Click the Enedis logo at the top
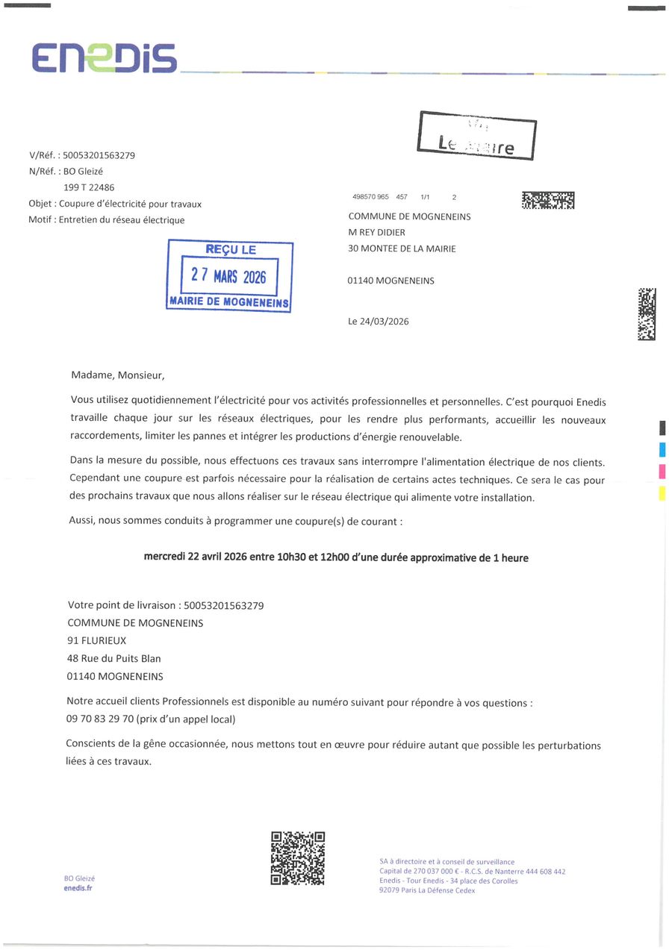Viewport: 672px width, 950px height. click(x=105, y=57)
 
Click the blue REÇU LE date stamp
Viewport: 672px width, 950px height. click(x=229, y=275)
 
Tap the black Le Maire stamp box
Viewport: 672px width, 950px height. click(x=477, y=135)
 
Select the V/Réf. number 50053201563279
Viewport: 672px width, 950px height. click(x=100, y=155)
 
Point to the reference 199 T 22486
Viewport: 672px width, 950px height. click(x=89, y=187)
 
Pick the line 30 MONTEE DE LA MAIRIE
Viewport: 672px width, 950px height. click(x=402, y=249)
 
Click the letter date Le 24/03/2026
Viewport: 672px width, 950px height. click(x=379, y=322)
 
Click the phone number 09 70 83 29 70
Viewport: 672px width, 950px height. click(x=100, y=719)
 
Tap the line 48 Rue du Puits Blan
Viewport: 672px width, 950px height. click(x=114, y=658)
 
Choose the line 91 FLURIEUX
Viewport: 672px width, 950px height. click(x=97, y=640)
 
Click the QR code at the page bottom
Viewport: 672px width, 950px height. click(x=297, y=858)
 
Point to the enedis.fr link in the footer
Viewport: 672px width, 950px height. click(x=78, y=888)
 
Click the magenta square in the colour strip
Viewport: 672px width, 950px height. click(x=662, y=471)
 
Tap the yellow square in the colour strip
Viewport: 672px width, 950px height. click(x=662, y=493)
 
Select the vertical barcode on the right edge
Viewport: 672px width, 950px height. click(x=647, y=314)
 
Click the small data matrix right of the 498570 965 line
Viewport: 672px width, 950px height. click(x=548, y=200)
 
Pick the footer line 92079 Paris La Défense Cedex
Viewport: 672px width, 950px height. click(x=427, y=890)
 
